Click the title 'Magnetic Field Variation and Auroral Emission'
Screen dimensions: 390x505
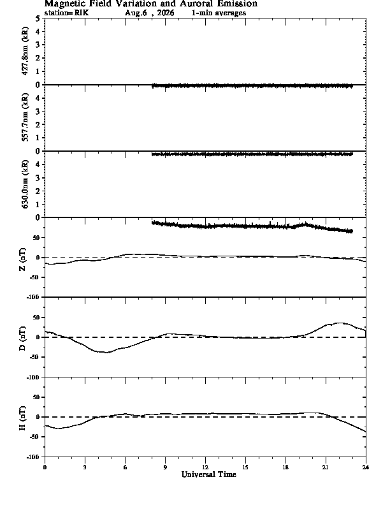pos(151,4)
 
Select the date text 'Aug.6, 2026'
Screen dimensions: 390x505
pos(150,13)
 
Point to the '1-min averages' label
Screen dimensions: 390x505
pos(219,13)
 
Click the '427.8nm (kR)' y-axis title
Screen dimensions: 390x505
pos(25,51)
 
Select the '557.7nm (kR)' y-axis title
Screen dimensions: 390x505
pos(25,117)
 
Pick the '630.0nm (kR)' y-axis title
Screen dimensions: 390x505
pos(25,184)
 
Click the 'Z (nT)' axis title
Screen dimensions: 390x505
pos(22,260)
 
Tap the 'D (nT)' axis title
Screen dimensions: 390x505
pos(22,339)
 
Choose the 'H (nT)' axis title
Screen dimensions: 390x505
pos(22,418)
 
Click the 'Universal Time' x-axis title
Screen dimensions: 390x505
pos(209,474)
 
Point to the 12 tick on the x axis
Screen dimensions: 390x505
pos(205,467)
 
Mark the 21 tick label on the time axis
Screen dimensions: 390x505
pos(326,467)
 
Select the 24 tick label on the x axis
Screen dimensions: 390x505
pos(366,467)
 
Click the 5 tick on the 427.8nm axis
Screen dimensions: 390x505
pos(38,18)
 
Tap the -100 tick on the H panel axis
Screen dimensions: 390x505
pos(33,457)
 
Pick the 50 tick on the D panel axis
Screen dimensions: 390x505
pos(36,318)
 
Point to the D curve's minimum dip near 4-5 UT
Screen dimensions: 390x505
pos(106,353)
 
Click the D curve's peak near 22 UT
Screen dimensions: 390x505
pos(340,323)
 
